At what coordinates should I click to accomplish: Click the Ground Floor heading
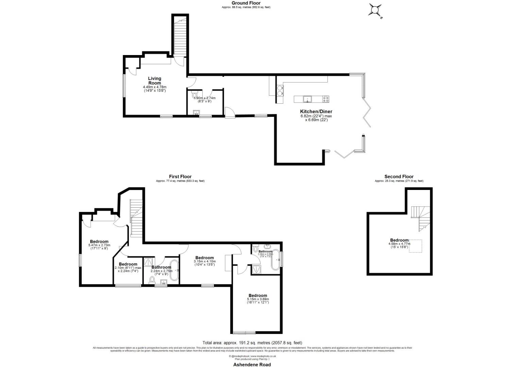pos(246,3)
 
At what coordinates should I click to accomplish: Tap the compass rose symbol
pos(375,10)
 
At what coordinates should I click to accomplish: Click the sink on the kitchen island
pos(307,99)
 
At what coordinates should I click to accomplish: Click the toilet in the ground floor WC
pos(195,93)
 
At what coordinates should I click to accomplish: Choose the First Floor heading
pos(180,176)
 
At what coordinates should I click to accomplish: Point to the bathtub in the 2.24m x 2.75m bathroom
pos(174,270)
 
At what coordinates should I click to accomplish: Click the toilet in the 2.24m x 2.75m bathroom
pos(152,280)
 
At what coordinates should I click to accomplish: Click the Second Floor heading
pos(399,176)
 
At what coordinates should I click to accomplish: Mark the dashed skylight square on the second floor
pos(415,246)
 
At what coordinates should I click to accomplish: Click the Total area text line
pos(252,343)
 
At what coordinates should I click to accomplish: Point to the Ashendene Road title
pos(252,364)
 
